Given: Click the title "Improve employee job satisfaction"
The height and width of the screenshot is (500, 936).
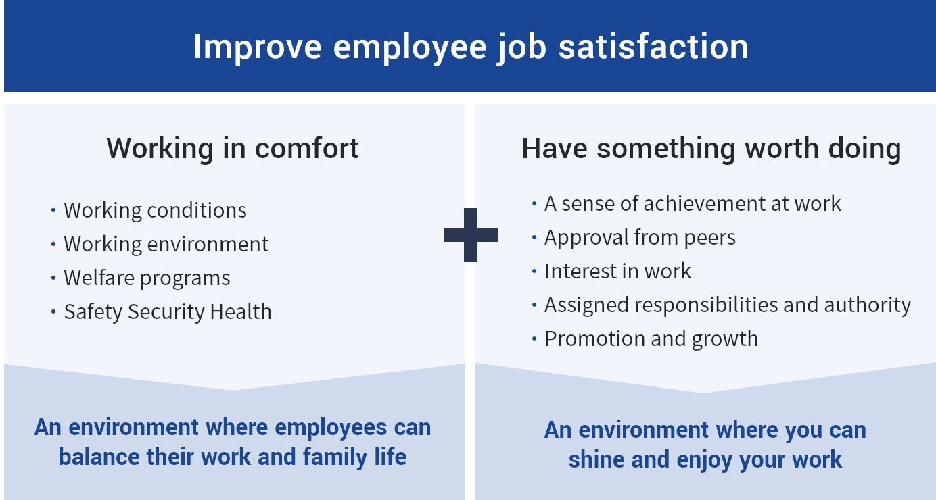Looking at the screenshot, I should click(471, 47).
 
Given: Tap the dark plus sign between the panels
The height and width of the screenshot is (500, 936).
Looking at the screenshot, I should click(471, 235).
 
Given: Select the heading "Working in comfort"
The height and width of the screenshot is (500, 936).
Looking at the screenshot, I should click(233, 149).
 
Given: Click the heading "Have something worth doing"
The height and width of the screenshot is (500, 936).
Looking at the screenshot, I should click(711, 149).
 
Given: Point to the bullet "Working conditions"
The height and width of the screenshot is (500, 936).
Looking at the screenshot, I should click(155, 210).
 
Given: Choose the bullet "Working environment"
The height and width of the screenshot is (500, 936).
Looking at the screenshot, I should click(166, 244).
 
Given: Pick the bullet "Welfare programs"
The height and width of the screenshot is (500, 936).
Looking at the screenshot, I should click(147, 278).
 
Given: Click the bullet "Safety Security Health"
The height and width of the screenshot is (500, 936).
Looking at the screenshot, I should click(168, 311).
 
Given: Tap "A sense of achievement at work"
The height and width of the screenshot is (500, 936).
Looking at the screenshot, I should click(693, 203).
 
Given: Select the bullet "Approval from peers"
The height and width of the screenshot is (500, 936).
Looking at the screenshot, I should click(640, 237).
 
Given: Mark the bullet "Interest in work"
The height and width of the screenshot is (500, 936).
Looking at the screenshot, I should click(617, 271).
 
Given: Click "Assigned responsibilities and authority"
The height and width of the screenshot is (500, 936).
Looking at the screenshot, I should click(728, 305).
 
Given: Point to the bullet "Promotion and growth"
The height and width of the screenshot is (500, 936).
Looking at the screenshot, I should click(651, 339).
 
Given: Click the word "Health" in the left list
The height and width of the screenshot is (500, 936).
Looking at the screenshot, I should click(240, 311).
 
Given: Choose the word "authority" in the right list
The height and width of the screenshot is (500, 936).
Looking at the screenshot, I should click(868, 305).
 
